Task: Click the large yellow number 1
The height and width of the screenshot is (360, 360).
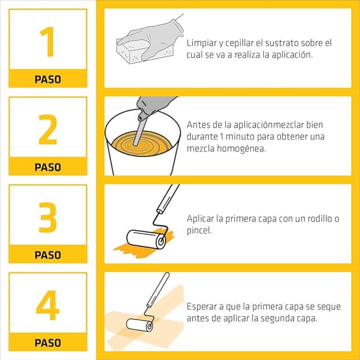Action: point(48,42)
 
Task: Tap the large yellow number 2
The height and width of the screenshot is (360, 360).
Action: point(48,129)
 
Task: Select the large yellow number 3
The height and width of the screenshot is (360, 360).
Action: point(48,217)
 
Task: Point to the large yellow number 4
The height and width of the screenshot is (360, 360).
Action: point(48,305)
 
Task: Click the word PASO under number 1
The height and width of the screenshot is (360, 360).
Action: point(48,79)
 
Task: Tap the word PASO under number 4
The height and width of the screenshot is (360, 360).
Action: point(48,343)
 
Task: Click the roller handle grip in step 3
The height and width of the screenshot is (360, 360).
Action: point(168,198)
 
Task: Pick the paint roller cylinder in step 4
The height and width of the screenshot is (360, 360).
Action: point(139,325)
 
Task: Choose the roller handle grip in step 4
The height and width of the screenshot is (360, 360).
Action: point(158,289)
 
